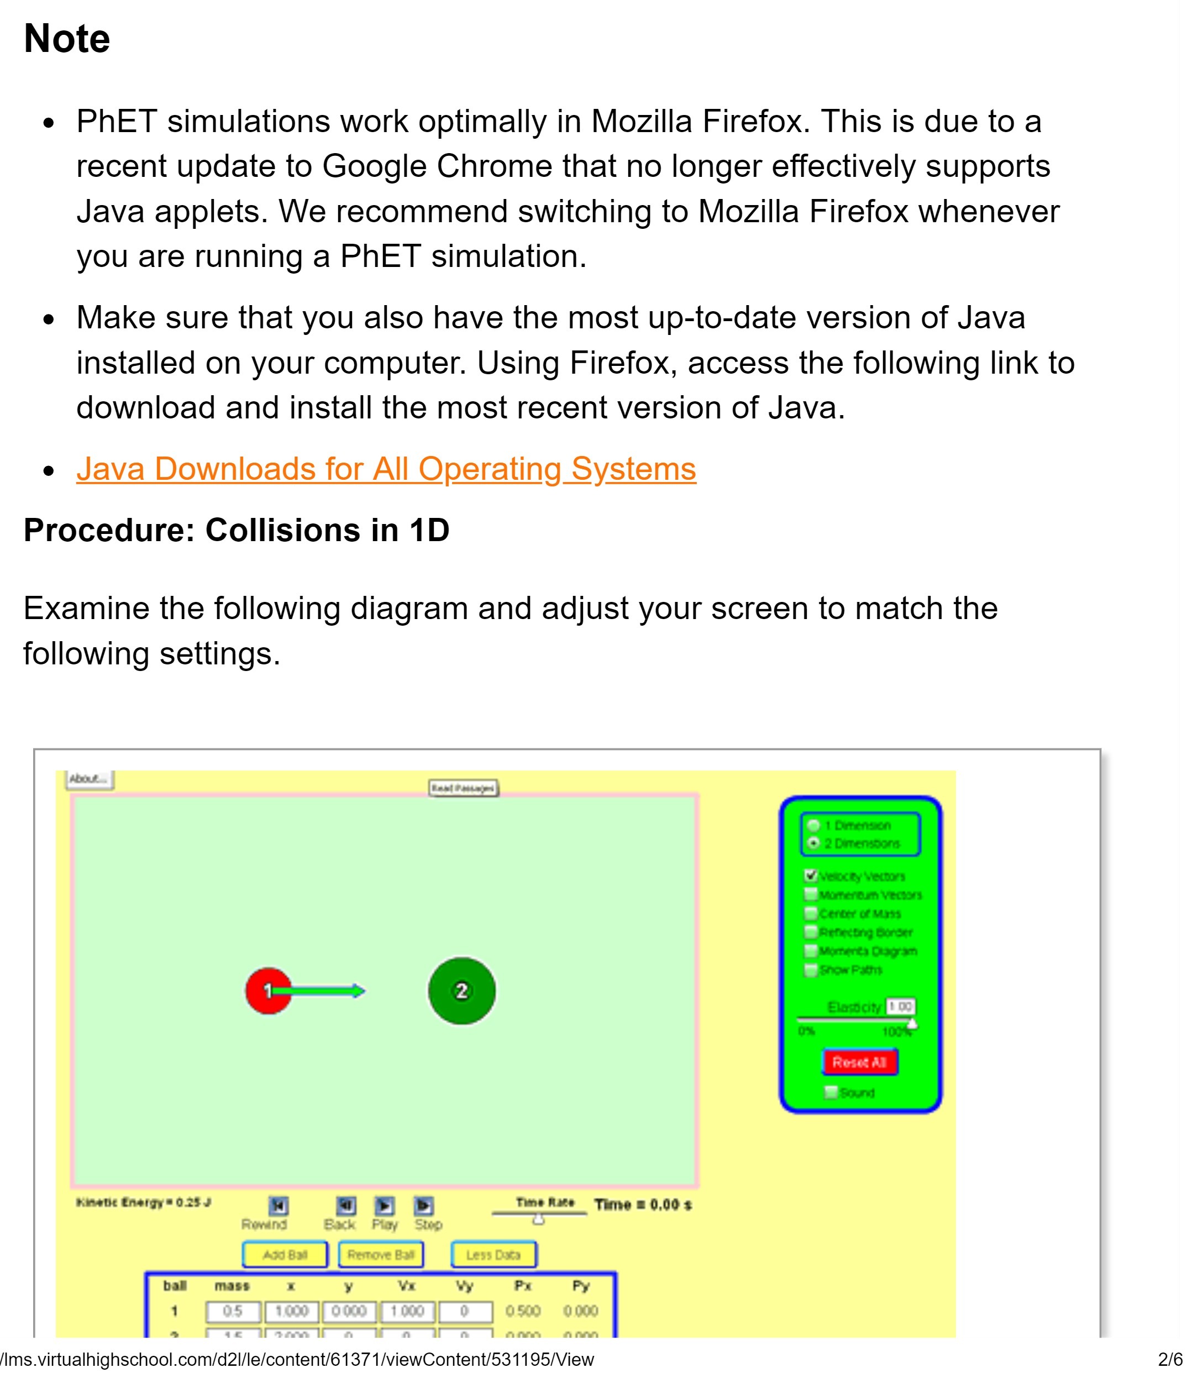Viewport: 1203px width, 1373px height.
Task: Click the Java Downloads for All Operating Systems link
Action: [386, 469]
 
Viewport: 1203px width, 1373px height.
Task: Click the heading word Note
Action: [66, 38]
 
